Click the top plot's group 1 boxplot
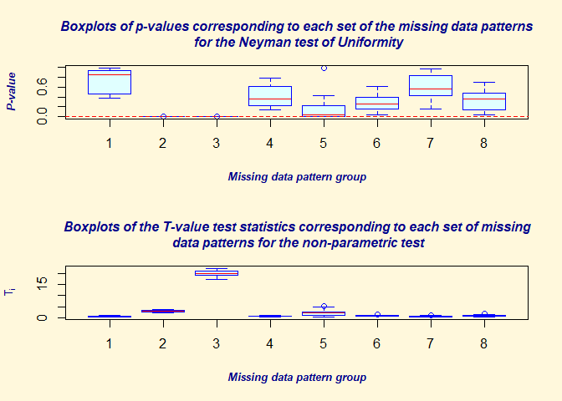click(x=110, y=83)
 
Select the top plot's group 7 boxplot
click(x=431, y=85)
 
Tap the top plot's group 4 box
click(x=269, y=95)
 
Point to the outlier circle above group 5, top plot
click(x=324, y=69)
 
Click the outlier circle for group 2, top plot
click(x=163, y=116)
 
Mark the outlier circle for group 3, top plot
click(x=217, y=116)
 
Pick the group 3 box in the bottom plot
click(x=217, y=272)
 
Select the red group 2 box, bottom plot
click(x=163, y=311)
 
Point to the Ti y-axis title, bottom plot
click(x=11, y=291)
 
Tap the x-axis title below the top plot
click(x=297, y=176)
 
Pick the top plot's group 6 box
click(x=377, y=103)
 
